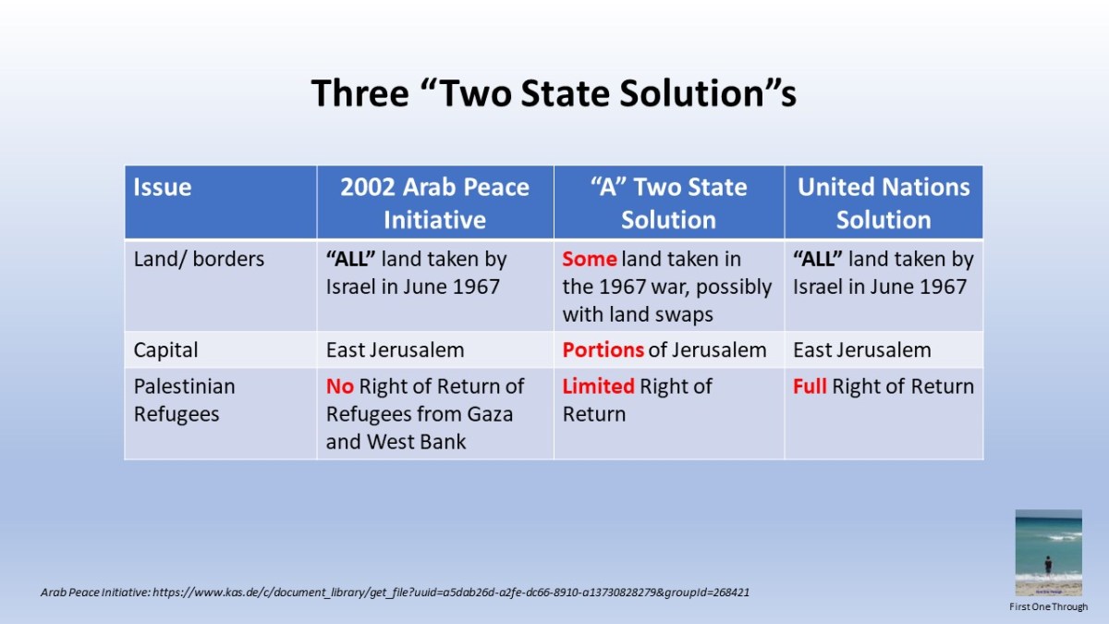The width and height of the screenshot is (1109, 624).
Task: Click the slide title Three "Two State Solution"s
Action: coord(554,93)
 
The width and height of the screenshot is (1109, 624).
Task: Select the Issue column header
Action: coord(162,187)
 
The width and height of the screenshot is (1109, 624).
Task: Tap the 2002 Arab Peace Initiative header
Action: coord(434,203)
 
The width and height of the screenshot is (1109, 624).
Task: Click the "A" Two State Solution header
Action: coord(668,203)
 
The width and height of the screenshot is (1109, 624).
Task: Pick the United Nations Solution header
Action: coord(884,203)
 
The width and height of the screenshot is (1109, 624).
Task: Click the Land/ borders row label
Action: coord(199,259)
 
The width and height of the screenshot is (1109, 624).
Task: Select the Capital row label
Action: coord(165,350)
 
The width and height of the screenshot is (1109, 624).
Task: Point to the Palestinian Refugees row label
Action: coord(184,400)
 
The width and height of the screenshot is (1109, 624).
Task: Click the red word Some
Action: coord(590,259)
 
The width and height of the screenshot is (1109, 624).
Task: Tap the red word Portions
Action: coord(603,350)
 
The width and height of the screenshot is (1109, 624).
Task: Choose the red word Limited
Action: coord(598,386)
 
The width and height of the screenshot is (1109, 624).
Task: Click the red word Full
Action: coord(810,386)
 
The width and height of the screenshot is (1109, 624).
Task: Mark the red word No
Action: coord(340,386)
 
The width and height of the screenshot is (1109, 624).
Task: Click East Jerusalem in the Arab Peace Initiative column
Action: coord(395,350)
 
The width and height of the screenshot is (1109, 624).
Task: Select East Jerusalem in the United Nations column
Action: coord(862,350)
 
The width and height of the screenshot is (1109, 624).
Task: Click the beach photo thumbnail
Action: coord(1048,553)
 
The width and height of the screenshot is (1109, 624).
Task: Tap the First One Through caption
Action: coord(1049,606)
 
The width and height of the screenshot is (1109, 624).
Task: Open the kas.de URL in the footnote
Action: coord(451,593)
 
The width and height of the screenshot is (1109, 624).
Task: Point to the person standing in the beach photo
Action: coord(1048,565)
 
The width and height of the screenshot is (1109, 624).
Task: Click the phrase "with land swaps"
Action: coord(638,314)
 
